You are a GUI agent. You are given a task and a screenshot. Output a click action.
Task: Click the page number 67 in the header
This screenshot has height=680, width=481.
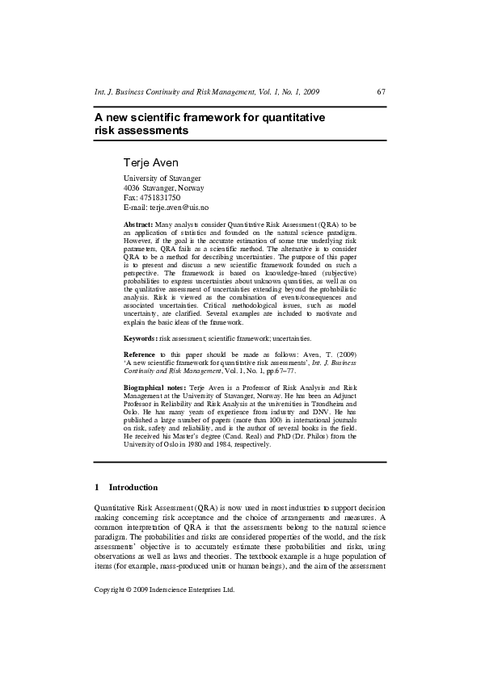(381, 92)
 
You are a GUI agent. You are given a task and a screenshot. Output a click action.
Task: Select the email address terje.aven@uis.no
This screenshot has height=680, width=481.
(179, 208)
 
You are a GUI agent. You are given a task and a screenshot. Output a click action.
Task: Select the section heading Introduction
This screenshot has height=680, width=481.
(133, 488)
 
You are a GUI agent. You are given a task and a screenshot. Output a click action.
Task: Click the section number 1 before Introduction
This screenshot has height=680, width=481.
(97, 488)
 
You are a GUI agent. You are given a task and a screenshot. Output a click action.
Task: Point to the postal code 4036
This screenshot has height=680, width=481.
(131, 188)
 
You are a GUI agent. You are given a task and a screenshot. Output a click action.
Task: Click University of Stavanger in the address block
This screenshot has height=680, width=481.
(162, 178)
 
